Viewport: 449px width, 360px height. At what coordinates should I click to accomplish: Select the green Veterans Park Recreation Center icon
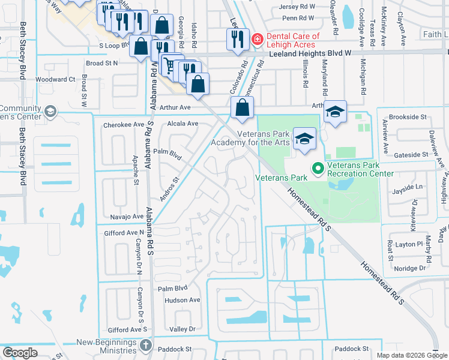pos(317,168)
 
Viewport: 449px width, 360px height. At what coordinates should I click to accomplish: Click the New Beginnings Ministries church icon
pos(146,345)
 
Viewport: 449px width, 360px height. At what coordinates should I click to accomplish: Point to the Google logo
pos(20,353)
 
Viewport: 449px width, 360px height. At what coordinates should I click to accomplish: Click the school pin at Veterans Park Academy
pos(305,139)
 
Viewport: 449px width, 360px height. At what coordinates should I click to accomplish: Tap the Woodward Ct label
pos(55,79)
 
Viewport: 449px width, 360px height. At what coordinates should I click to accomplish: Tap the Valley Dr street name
pos(183,329)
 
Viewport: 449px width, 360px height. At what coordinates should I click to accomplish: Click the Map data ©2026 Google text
pos(411,355)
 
